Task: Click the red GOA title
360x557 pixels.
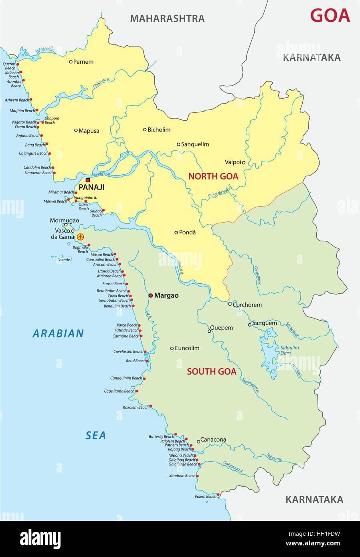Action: (330, 16)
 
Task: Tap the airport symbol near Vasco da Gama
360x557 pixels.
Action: (80, 237)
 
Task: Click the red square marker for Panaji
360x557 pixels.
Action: (87, 180)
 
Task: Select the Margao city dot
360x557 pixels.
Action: (150, 295)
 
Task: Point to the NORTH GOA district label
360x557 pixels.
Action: (213, 176)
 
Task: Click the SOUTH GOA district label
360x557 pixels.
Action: (211, 371)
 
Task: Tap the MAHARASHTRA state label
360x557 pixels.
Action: (167, 18)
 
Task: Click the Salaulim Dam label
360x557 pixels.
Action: (289, 350)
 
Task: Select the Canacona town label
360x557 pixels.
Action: (213, 440)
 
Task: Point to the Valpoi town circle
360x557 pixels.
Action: (243, 162)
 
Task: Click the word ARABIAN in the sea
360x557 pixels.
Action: (58, 333)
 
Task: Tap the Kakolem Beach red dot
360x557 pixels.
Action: (151, 406)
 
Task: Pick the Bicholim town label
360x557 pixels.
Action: (159, 129)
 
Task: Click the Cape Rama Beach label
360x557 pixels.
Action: (119, 391)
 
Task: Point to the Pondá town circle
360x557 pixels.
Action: (176, 232)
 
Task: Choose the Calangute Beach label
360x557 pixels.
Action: (33, 153)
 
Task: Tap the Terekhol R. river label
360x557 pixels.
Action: (44, 50)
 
